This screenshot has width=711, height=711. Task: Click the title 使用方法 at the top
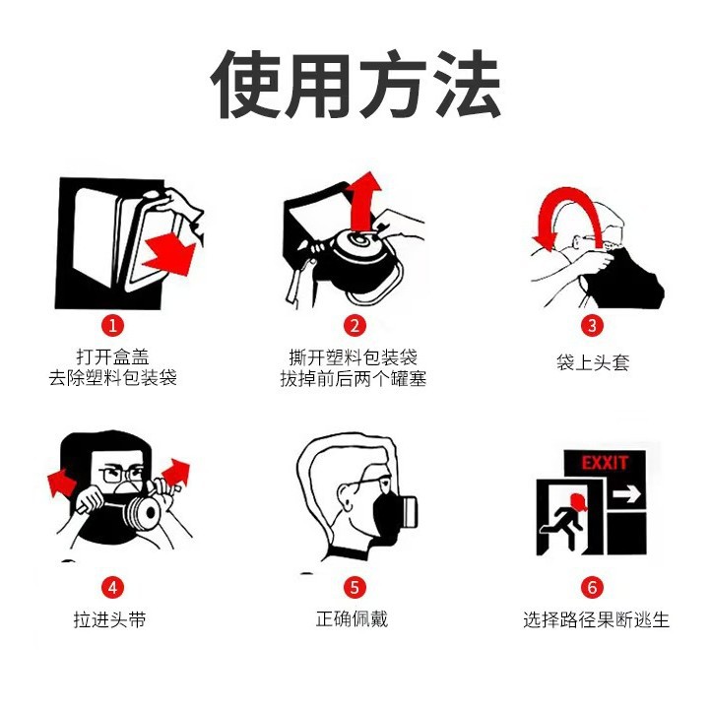pos(355,85)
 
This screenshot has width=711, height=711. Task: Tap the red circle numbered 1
pos(112,325)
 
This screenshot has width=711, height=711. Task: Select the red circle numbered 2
pos(355,325)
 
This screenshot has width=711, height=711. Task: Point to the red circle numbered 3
pos(592,325)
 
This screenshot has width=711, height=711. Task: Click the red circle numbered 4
pos(112,587)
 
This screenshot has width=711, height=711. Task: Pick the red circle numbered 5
pos(355,587)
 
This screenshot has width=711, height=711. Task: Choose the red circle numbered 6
pos(592,587)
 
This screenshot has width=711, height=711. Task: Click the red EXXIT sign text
pos(605,463)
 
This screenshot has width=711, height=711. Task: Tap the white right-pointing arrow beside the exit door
pos(626,493)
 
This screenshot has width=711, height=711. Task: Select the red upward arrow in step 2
pos(365,202)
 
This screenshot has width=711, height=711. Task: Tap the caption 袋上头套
pos(593,362)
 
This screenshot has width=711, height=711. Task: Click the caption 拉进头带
pos(110,619)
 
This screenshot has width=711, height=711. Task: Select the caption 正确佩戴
pos(352,618)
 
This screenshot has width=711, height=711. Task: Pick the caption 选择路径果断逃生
pos(597,619)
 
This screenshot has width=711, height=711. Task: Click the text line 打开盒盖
pos(113,356)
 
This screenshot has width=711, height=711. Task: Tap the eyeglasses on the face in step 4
pos(121,474)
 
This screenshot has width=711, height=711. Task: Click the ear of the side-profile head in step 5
pos(345,496)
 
